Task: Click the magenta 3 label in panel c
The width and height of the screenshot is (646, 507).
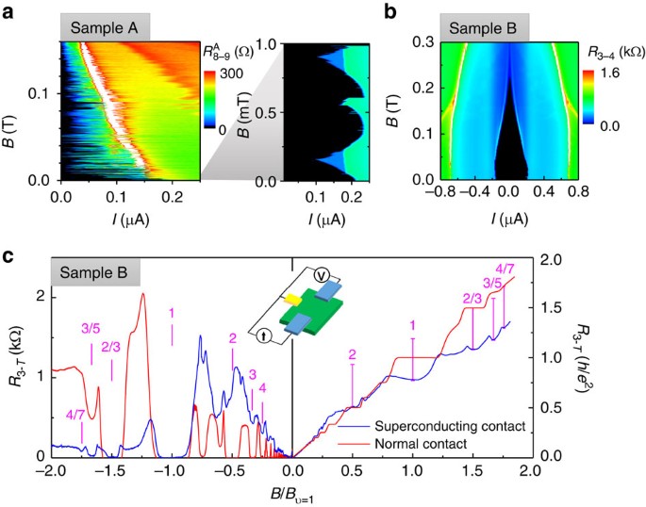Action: pos(252,374)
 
